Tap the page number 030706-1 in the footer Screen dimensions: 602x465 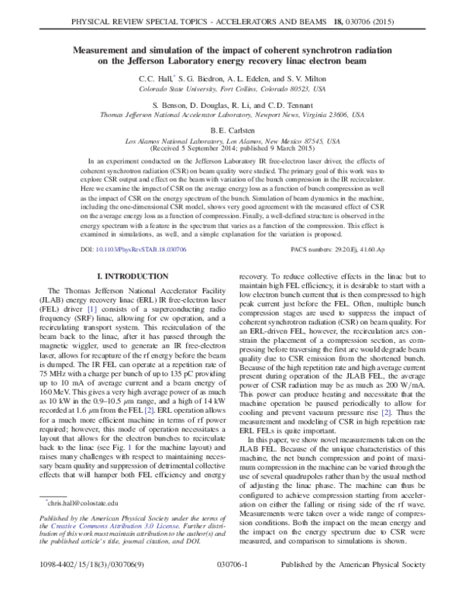tap(232, 590)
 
